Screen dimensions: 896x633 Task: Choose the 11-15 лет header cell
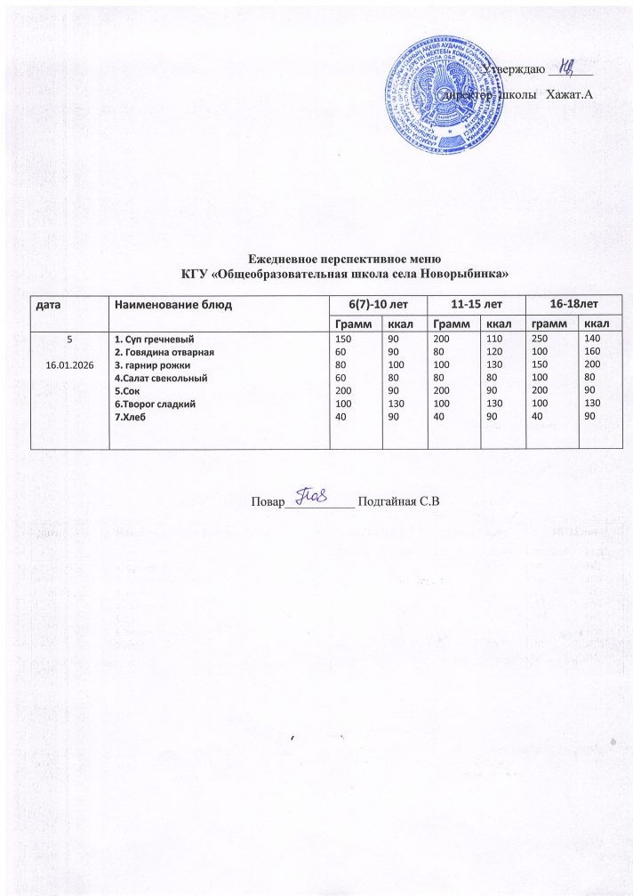pos(476,305)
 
